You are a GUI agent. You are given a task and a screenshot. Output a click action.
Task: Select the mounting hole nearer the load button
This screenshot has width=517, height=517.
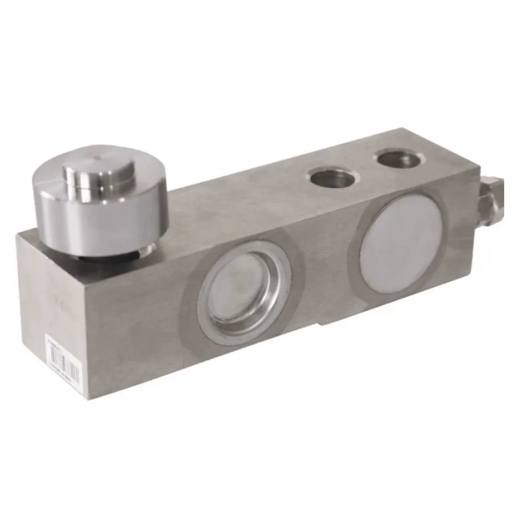tap(334, 179)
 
